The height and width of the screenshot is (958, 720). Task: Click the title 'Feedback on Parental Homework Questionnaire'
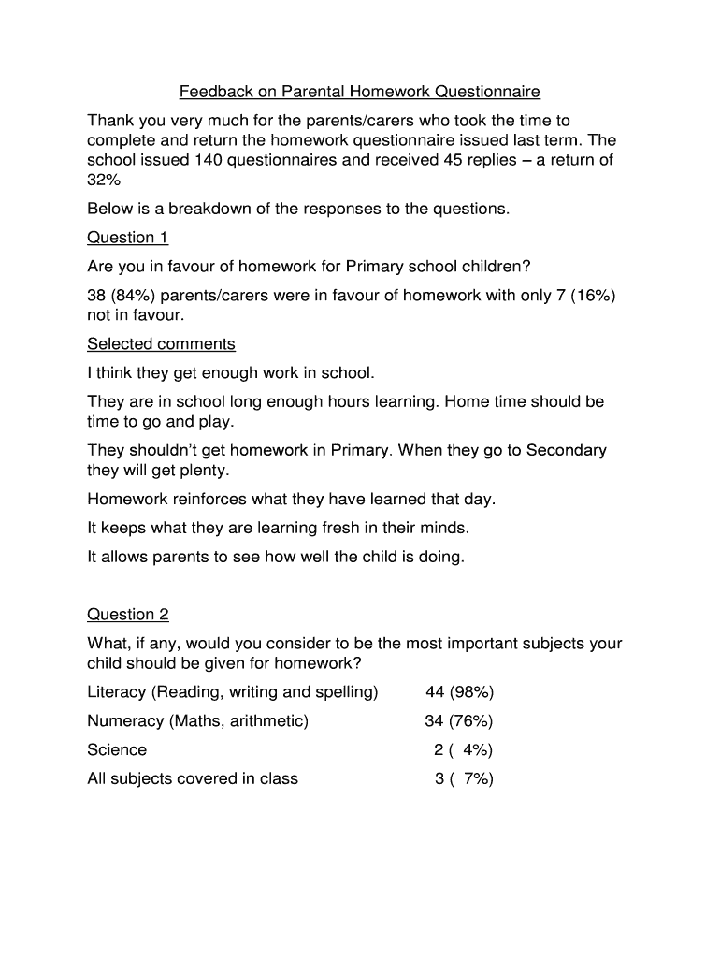(x=360, y=92)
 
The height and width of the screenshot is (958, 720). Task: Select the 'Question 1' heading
(x=127, y=237)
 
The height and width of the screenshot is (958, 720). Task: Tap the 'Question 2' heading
(x=128, y=615)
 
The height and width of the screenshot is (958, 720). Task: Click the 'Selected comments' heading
(x=161, y=344)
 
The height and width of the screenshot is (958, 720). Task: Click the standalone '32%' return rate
(x=104, y=180)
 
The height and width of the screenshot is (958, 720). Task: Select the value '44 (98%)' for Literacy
(x=459, y=692)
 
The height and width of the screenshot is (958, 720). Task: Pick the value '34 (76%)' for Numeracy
(x=459, y=721)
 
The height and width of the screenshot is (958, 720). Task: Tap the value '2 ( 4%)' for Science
(x=463, y=750)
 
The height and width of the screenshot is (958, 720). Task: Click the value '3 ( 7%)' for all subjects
(x=463, y=778)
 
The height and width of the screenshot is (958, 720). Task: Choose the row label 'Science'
(x=117, y=750)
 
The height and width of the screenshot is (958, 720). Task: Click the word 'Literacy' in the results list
(x=117, y=692)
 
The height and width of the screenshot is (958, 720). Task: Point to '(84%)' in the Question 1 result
(x=134, y=296)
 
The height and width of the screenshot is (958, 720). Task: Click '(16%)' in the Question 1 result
(x=591, y=296)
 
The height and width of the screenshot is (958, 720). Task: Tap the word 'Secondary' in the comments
(x=567, y=450)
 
